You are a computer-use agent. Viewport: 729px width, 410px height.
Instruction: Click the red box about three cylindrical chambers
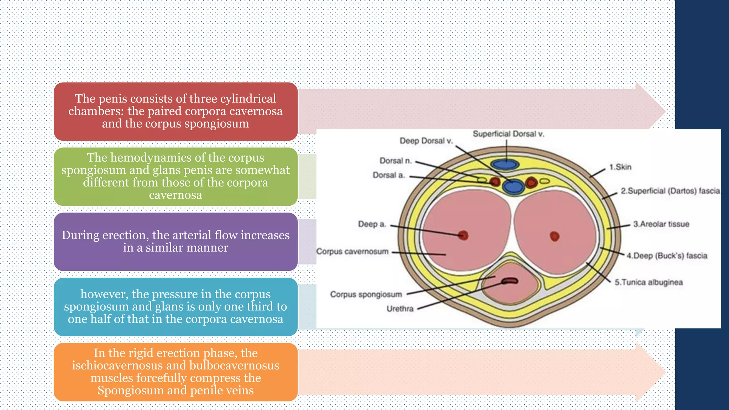tap(175, 111)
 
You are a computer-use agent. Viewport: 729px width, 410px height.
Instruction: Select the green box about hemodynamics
tap(175, 177)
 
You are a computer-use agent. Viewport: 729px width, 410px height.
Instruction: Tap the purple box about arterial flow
tap(175, 242)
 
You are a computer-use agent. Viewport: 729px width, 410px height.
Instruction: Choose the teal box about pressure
tap(175, 307)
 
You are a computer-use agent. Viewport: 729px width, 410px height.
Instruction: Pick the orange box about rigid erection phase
tap(175, 372)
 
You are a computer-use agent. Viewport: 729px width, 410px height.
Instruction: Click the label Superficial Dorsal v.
tap(508, 134)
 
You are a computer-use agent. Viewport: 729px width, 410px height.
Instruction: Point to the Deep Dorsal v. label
tap(426, 141)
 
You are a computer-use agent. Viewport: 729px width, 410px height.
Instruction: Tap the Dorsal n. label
tap(395, 161)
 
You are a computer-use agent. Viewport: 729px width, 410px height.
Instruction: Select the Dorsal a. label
tap(389, 175)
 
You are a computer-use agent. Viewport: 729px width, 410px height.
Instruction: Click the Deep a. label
tap(372, 224)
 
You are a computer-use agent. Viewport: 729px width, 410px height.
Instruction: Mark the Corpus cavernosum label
tap(352, 252)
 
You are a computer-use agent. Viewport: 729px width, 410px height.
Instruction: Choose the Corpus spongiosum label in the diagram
tap(366, 295)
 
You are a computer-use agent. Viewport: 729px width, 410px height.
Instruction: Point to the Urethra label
tap(400, 309)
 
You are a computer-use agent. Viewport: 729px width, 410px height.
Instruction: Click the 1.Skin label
tap(620, 167)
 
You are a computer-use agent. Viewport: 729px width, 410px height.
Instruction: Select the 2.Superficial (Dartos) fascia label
tap(670, 191)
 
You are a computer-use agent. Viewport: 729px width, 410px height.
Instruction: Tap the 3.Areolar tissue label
tap(661, 224)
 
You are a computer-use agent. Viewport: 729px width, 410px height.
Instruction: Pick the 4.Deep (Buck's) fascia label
tap(667, 256)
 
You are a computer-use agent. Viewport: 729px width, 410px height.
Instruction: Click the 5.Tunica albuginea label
tap(649, 283)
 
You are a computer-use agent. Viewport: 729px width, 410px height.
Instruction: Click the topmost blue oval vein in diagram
tap(504, 164)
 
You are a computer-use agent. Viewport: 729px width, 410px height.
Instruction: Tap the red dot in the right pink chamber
tap(555, 236)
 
